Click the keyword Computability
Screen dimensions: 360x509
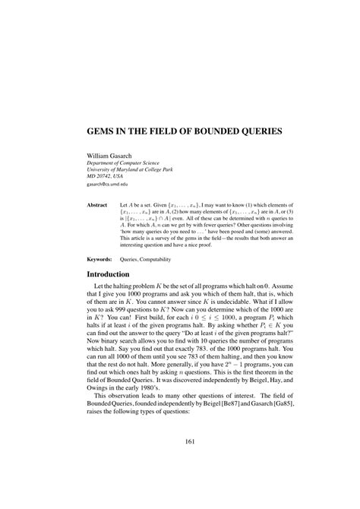click(155, 260)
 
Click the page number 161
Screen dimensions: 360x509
click(179, 463)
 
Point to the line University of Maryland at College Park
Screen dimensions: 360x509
click(129, 169)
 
